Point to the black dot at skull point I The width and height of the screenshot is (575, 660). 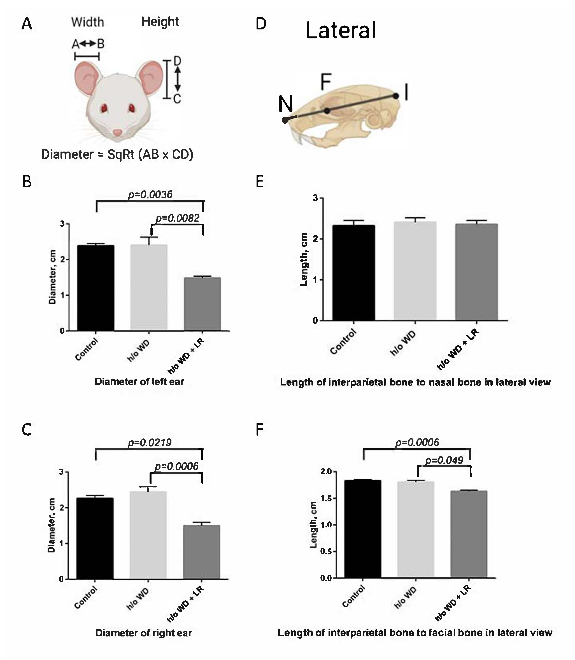pos(396,96)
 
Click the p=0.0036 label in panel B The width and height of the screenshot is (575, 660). pos(150,194)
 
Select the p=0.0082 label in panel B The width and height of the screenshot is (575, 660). pos(177,218)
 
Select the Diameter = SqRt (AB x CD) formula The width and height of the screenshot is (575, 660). pos(117,155)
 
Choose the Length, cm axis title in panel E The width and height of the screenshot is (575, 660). pos(304,259)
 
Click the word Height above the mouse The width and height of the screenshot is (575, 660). pos(160,22)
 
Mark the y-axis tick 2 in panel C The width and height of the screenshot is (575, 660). pos(62,508)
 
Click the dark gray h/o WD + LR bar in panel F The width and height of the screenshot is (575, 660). pos(469,534)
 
